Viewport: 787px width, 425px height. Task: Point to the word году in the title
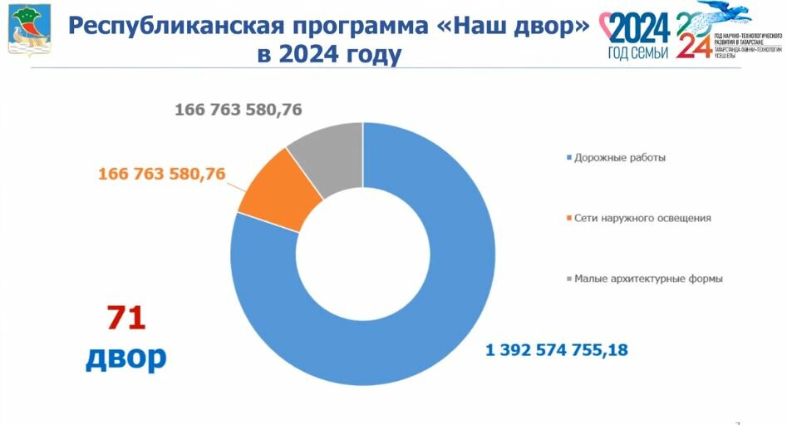[x=364, y=56]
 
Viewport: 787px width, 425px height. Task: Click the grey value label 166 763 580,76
[x=250, y=110]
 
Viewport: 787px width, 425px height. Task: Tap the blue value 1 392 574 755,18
[x=557, y=350]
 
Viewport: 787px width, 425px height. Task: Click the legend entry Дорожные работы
[x=619, y=157]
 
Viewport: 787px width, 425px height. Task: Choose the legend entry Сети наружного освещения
[x=642, y=218]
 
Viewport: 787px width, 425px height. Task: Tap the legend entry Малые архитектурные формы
[x=647, y=279]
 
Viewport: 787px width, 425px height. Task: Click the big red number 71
[x=125, y=319]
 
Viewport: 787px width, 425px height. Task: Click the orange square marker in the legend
[x=568, y=219]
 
